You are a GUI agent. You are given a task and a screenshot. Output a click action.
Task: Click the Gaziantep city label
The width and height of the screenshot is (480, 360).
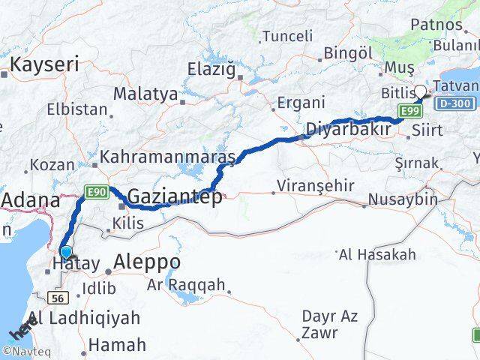[175, 197]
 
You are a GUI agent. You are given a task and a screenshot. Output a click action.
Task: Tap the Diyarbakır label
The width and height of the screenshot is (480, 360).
[347, 130]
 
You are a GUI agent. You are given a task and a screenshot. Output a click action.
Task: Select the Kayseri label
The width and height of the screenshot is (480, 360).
[43, 64]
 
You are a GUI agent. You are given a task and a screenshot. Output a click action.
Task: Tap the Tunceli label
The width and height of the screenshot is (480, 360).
[288, 36]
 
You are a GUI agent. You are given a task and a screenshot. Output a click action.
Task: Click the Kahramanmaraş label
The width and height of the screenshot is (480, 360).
[168, 157]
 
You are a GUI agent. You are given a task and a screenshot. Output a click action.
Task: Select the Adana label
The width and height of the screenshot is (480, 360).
[31, 200]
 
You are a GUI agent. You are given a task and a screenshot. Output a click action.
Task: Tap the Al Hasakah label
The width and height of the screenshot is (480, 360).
[377, 255]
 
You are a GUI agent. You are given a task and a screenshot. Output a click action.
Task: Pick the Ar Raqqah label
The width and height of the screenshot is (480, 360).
[186, 285]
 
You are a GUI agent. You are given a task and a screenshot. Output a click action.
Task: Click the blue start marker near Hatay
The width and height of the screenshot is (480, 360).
[67, 253]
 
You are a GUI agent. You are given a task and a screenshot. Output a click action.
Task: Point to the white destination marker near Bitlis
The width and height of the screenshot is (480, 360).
[420, 92]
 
